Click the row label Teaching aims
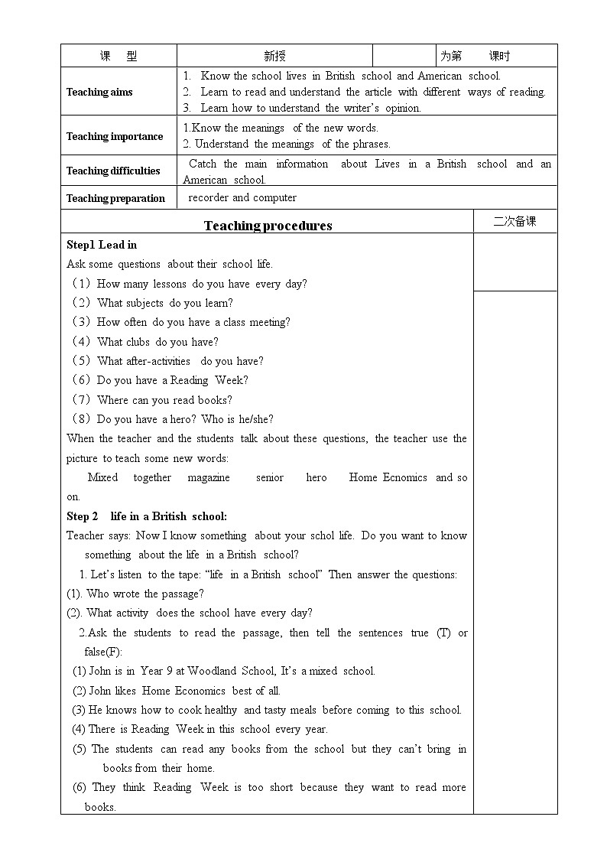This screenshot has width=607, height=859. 99,92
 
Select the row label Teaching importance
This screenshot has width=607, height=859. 115,136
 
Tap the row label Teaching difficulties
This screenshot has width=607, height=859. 113,171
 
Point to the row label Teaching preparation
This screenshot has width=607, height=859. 115,198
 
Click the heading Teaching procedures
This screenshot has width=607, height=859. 268,226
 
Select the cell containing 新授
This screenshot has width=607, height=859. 274,56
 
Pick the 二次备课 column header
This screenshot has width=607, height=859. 514,221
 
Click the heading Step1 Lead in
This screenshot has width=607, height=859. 102,245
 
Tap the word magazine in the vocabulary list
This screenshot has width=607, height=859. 209,477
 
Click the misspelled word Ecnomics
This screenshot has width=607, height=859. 404,477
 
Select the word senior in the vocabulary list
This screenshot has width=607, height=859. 270,477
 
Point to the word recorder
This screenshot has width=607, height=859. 209,197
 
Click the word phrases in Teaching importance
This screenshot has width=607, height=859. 372,144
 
